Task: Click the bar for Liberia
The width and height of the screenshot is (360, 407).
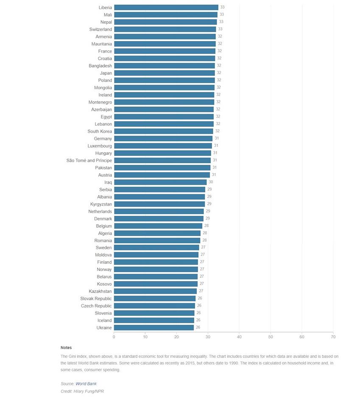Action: [166, 8]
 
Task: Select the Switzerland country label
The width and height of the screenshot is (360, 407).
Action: [100, 29]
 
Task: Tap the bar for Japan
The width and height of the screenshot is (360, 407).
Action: [165, 73]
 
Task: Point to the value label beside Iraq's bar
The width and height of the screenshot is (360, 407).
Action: [211, 182]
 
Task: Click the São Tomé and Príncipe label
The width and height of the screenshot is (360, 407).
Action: [89, 161]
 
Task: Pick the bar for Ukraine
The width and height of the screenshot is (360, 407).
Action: [154, 328]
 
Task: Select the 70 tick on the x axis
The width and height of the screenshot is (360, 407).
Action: [333, 337]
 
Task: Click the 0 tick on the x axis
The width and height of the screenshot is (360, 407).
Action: [114, 337]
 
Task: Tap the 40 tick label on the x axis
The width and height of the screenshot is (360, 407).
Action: [239, 337]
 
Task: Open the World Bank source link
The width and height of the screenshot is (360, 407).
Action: [86, 384]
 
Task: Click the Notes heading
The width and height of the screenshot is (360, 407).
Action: [66, 348]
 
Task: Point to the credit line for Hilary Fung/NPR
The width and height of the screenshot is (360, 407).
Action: [82, 391]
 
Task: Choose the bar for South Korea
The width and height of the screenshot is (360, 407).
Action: [164, 131]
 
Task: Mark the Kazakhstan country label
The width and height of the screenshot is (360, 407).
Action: [100, 291]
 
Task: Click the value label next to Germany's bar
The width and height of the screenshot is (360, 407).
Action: [216, 139]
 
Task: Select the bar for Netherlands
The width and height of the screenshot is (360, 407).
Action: [159, 212]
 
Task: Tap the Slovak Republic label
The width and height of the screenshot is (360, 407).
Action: [96, 298]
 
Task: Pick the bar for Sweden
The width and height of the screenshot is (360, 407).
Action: [156, 248]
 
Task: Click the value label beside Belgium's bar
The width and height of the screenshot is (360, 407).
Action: [207, 226]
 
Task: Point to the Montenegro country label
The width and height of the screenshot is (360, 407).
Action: [100, 102]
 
